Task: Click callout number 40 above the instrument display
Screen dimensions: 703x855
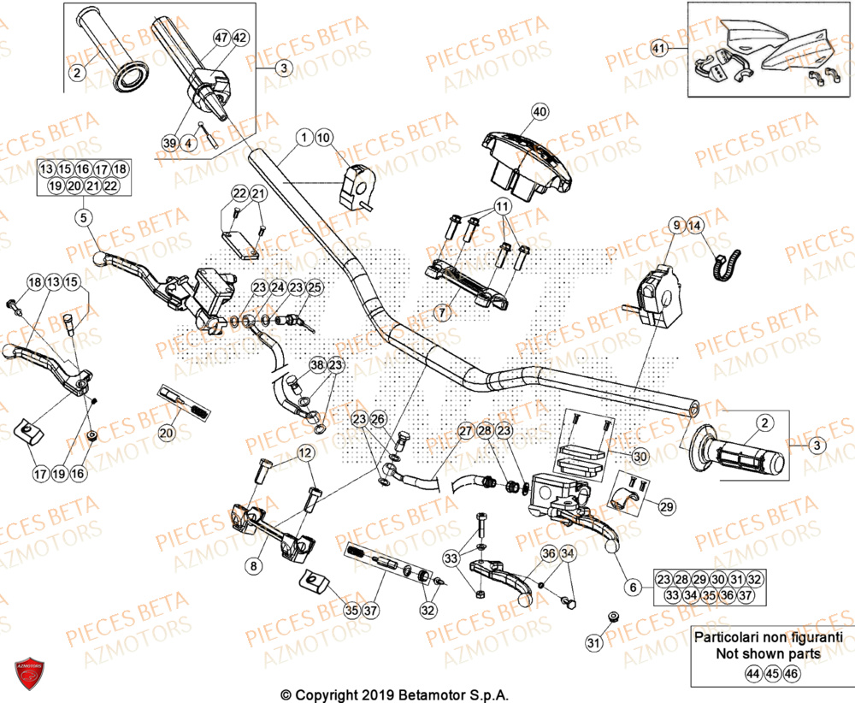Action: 539,111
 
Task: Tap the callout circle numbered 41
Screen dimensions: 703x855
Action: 657,48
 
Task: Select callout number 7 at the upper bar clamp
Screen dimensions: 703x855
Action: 442,313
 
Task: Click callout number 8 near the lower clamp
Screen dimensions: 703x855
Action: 252,565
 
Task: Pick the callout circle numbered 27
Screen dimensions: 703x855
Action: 464,431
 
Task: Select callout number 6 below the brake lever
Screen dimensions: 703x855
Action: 633,588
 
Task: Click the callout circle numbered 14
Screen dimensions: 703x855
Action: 693,226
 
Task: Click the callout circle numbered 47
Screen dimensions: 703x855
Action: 221,38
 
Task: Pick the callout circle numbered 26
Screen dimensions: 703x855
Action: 379,419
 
